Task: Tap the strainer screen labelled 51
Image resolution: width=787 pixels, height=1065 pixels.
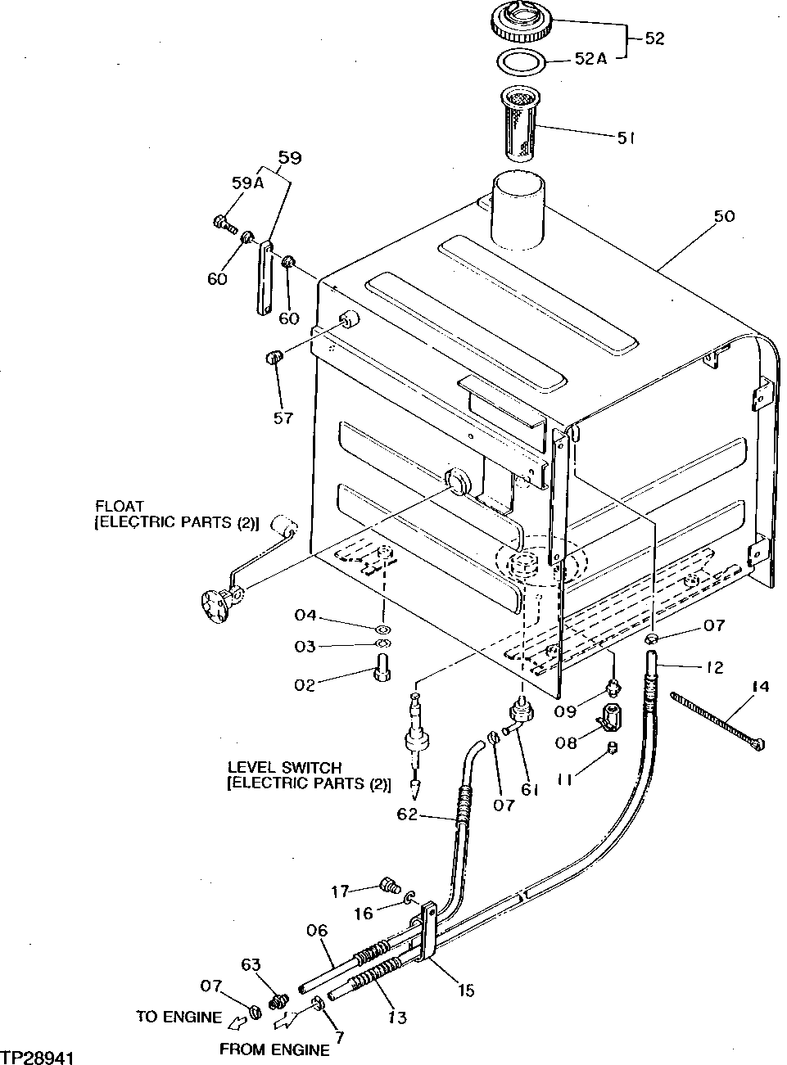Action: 518,123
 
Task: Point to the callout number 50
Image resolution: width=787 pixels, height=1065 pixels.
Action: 724,216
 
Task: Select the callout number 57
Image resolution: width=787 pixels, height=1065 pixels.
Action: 283,418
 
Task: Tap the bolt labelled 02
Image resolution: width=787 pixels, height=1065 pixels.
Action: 382,672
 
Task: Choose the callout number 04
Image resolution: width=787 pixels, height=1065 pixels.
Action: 305,616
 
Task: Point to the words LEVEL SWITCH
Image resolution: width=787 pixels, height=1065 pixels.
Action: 283,768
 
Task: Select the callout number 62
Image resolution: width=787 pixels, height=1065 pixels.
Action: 407,815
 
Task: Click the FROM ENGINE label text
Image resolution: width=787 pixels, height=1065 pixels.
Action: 274,1050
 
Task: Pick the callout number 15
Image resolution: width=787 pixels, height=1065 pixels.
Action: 466,991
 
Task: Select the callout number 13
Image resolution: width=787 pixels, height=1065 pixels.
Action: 397,1018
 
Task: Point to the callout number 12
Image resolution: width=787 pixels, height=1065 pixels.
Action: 714,668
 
